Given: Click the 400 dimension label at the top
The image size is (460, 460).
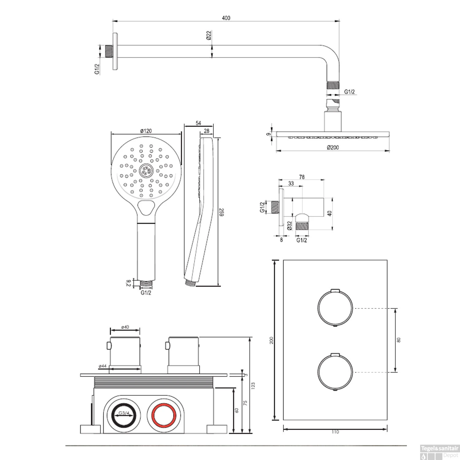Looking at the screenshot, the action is pos(226,18).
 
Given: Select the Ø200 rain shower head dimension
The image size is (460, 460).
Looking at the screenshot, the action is pos(333,148).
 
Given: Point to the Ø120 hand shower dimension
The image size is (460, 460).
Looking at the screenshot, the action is pos(146,131).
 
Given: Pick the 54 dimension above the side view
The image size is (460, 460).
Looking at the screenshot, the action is pos(198,123).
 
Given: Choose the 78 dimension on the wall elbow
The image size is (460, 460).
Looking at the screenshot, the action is pos(302,177).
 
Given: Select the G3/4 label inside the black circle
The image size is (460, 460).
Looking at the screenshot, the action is pos(124,413).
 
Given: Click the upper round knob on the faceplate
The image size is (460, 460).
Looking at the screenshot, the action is pos(335,308).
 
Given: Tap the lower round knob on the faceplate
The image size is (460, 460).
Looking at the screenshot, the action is pos(335,372).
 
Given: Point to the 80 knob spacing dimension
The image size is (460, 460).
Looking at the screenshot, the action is pos(399,340).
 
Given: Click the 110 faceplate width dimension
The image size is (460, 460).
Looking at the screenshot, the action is pos(335,432).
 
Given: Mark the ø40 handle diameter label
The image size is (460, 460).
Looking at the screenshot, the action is pos(125,327).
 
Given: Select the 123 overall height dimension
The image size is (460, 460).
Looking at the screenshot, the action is pos(253,386).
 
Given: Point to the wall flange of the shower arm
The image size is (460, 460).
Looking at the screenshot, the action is pos(115,52).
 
